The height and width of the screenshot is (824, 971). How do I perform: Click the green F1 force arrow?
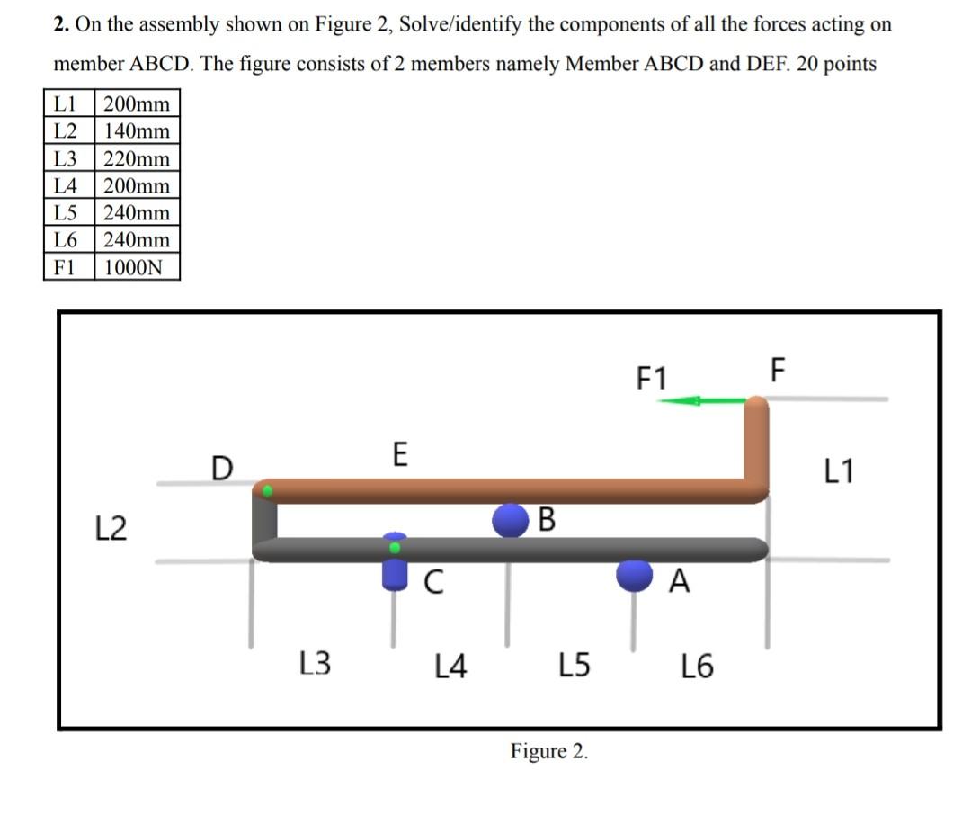pos(701,400)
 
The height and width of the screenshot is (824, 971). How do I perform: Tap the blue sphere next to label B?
pos(511,520)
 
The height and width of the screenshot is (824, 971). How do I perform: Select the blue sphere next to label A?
pos(635,576)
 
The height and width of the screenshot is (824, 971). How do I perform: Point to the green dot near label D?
pos(267,490)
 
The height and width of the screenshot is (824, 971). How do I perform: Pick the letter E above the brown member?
pos(400,454)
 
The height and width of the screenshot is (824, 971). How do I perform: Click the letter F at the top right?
pos(778,370)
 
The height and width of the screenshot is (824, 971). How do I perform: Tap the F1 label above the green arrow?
pos(652,378)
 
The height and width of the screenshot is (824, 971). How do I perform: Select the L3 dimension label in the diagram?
pos(315,665)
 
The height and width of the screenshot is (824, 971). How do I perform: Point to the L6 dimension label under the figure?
pos(697,667)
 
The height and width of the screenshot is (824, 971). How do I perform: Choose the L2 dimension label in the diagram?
pos(111,527)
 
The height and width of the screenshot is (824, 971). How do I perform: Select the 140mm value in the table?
pos(137,131)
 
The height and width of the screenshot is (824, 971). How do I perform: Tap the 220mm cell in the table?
pos(137,159)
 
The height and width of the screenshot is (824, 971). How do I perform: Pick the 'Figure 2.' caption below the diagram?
pos(550,751)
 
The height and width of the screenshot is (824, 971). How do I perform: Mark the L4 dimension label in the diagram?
pos(450,667)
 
